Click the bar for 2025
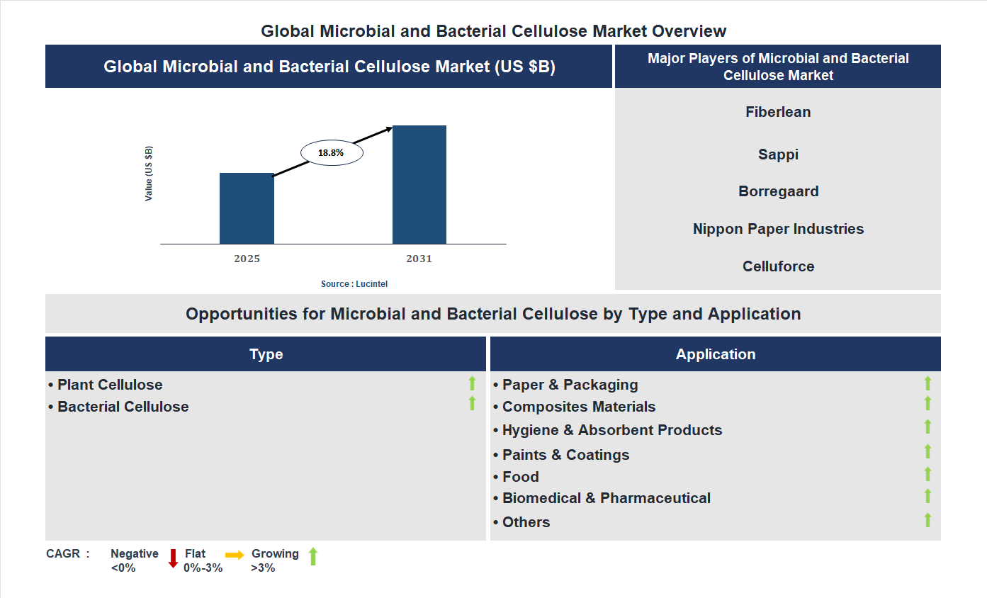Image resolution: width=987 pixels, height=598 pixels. click(x=247, y=208)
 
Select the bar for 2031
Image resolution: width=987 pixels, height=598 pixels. click(x=419, y=185)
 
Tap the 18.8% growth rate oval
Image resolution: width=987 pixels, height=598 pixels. click(x=331, y=152)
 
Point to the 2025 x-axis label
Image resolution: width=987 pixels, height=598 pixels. click(x=247, y=259)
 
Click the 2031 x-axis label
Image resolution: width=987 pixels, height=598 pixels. click(x=419, y=259)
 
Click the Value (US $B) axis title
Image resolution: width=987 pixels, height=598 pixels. click(x=149, y=174)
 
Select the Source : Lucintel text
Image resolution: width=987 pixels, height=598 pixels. click(x=354, y=283)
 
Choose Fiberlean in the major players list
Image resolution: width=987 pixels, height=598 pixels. click(x=778, y=112)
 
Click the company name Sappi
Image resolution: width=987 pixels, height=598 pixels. click(x=778, y=154)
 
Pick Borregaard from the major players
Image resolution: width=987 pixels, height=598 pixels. click(x=778, y=191)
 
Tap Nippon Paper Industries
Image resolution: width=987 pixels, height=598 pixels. click(x=778, y=229)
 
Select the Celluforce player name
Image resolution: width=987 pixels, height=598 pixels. click(x=778, y=266)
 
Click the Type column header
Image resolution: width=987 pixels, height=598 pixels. click(x=266, y=354)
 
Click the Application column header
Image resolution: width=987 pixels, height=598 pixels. click(x=715, y=354)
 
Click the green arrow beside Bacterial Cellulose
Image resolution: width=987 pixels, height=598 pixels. click(x=472, y=404)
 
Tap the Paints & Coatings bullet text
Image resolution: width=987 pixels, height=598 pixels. click(x=565, y=455)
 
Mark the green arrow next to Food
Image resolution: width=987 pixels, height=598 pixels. click(x=927, y=474)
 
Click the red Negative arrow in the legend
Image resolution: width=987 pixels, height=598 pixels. click(x=173, y=558)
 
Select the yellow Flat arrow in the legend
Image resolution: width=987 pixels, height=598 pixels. click(x=235, y=555)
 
